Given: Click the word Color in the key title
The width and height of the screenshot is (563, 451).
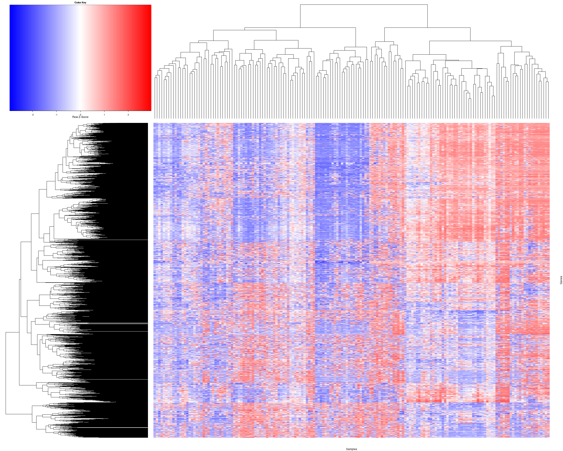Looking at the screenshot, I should tap(77, 3).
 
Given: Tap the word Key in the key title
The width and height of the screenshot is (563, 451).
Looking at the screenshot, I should tap(84, 3).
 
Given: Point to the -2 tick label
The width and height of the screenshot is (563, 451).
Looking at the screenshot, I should tap(33, 115).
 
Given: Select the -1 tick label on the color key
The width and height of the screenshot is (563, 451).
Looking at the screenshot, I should tap(56, 115).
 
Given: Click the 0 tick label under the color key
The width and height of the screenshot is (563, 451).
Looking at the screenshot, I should tap(80, 115).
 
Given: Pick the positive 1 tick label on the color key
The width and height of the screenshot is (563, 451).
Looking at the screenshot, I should tap(104, 115).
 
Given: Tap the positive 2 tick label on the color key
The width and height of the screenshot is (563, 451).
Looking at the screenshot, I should tap(128, 115).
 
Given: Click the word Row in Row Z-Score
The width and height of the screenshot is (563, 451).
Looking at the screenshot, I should tap(75, 117).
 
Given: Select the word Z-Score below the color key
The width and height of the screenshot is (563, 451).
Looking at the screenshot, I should tap(83, 117).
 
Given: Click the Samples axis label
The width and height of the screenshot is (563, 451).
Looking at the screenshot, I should tap(351, 449).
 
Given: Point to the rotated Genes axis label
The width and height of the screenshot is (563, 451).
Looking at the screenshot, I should tap(561, 280).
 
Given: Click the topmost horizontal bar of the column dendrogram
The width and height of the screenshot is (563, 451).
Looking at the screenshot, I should tap(364, 5).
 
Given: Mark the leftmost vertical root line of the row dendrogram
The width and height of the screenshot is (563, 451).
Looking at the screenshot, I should tap(6, 373).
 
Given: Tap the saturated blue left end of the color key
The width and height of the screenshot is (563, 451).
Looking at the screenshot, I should tap(12, 58).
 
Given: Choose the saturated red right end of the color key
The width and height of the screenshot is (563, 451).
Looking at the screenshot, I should tap(149, 58).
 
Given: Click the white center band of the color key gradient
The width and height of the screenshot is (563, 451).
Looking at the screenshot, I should tap(80, 58).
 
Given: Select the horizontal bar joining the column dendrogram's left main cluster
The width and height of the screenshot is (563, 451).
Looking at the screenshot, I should tap(300, 28).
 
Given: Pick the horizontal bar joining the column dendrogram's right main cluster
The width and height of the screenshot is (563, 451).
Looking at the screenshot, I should tap(427, 28).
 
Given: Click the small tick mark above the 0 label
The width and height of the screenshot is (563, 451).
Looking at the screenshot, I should tap(80, 112).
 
